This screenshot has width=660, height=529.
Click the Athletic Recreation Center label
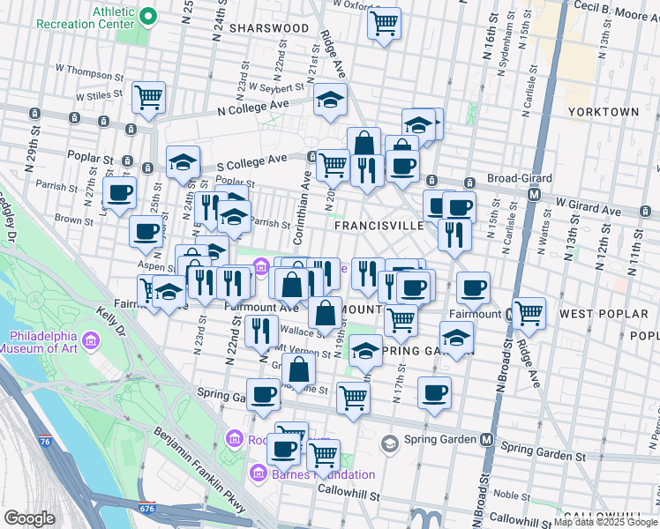85,17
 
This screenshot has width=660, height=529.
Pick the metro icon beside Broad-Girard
533,194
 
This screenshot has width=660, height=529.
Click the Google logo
30,518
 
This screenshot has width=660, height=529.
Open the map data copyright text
604,522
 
